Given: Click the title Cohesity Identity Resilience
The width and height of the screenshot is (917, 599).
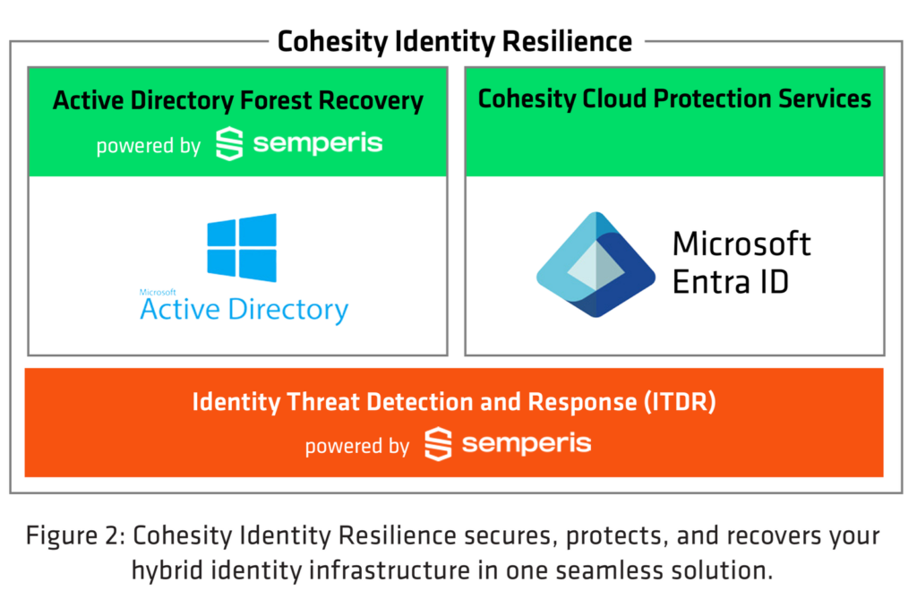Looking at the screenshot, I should (454, 41).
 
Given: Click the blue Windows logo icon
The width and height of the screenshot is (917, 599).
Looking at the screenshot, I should (242, 247).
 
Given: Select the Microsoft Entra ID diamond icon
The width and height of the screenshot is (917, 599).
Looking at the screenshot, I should (597, 265).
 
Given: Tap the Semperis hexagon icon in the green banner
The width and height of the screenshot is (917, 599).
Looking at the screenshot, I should (229, 144).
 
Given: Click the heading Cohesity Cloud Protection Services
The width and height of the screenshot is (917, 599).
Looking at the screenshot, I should (674, 98).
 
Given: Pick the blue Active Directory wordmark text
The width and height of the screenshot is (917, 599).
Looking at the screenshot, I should (244, 310).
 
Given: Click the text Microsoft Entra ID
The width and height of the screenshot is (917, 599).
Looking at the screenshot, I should (741, 262).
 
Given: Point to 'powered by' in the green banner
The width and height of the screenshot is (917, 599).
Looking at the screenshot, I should (148, 146).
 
